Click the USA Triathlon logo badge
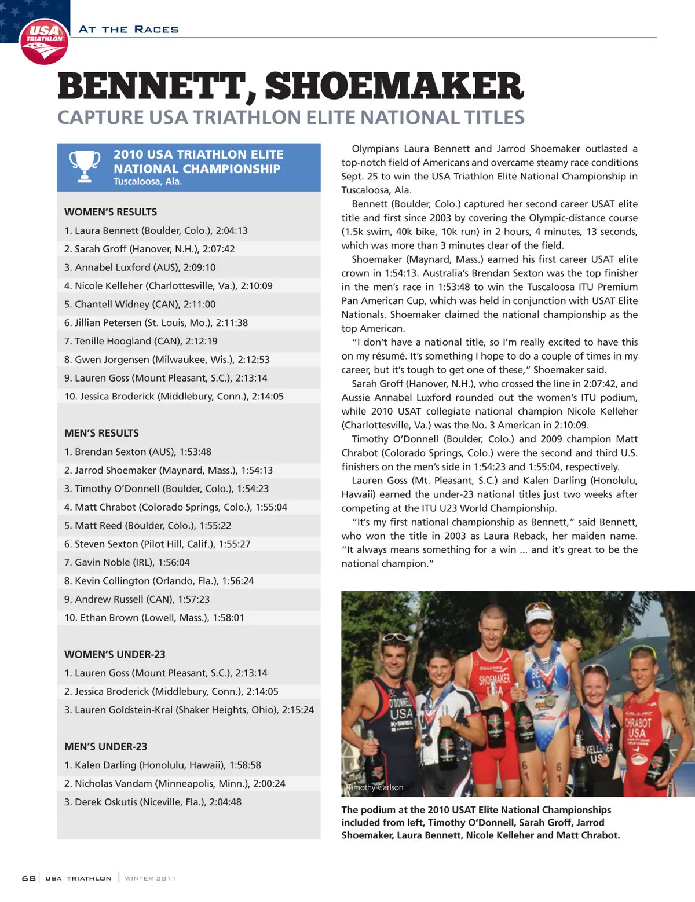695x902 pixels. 44,41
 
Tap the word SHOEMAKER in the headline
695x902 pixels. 394,87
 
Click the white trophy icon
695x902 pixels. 85,166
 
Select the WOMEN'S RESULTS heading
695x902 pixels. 111,212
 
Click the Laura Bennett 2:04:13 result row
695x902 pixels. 156,230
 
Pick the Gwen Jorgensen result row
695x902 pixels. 167,360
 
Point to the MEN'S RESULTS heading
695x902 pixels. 101,433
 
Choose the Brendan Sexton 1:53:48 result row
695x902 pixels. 138,452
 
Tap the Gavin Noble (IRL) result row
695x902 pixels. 127,562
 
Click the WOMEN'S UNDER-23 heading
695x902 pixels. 115,654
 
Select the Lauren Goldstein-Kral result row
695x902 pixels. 189,710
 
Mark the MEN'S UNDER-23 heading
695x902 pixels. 105,746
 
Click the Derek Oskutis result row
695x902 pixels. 153,802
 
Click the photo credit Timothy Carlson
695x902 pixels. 375,787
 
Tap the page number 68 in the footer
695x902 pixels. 28,878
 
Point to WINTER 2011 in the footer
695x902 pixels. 150,878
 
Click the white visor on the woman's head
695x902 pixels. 539,611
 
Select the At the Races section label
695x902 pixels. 129,30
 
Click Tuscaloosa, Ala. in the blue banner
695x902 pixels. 148,182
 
